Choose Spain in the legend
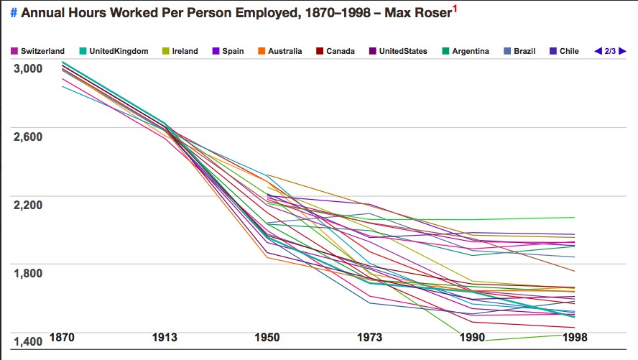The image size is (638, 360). coord(229,51)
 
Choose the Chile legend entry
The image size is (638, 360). coord(568,51)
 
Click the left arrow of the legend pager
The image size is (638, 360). coord(597,51)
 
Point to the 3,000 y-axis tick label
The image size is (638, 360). coord(29,68)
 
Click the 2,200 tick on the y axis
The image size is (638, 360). coord(29,205)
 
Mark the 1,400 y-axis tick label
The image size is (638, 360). coord(29,341)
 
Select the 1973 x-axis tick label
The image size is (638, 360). coord(371,336)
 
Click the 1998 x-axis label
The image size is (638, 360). coord(574,336)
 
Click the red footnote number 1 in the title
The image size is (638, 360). coord(454,9)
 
